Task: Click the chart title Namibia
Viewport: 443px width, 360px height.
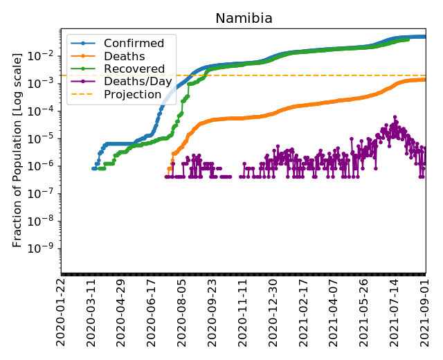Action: coord(244,19)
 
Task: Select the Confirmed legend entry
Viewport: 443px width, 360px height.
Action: coord(134,44)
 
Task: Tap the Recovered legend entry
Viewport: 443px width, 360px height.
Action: coord(134,69)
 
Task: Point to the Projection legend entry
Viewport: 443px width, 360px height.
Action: coord(132,94)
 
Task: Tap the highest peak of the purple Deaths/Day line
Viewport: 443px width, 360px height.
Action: coord(395,117)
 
